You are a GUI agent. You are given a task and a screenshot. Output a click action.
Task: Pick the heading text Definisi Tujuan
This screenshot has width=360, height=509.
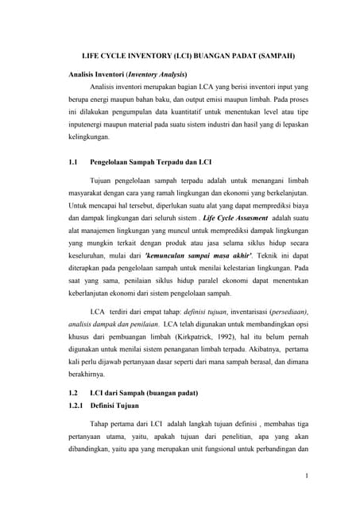click(119, 406)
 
